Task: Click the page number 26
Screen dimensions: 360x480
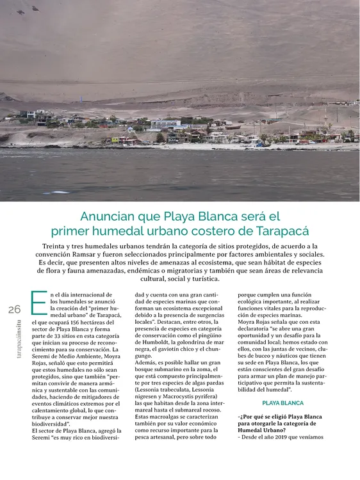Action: (x=14, y=309)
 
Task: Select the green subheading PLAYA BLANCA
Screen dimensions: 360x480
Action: (x=283, y=403)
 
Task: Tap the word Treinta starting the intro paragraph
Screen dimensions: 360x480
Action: (x=58, y=246)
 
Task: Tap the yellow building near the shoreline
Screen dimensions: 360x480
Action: (x=115, y=139)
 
